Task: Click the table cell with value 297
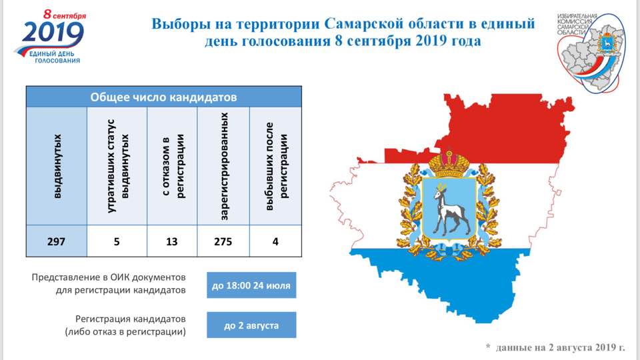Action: [x=56, y=241]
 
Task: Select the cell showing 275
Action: [x=223, y=241]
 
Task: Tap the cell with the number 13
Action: [x=172, y=241]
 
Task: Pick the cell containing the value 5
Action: [x=117, y=241]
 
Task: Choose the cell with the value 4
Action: [x=275, y=241]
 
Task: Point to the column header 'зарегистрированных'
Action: [x=223, y=166]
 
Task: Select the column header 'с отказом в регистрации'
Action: [x=172, y=166]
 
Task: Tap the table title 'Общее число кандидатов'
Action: [x=164, y=97]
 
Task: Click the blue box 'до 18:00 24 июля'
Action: [x=251, y=285]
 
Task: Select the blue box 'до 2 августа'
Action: [x=251, y=325]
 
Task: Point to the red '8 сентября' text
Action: [x=65, y=15]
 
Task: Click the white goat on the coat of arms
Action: [x=449, y=209]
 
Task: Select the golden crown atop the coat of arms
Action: [x=449, y=162]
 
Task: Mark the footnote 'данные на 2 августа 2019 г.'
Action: [x=560, y=347]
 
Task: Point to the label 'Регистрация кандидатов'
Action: [x=131, y=319]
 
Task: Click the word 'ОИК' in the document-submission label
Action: [x=119, y=277]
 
